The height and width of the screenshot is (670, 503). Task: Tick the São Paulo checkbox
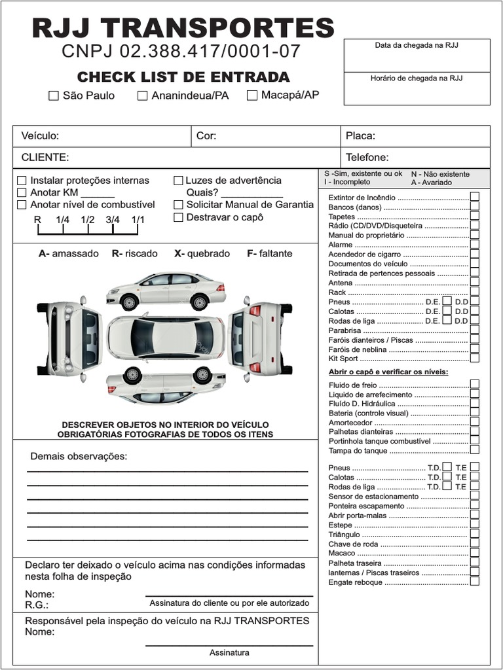54,96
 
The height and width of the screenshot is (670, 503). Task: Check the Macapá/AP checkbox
252,96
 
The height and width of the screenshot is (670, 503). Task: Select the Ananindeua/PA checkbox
143,96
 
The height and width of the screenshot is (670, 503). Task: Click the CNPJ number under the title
181,51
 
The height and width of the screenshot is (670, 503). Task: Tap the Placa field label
360,136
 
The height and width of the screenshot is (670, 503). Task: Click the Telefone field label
367,157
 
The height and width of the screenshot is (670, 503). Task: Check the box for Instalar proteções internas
22,181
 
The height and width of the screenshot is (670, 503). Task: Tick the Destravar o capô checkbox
178,217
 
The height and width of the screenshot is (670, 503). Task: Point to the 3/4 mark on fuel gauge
113,220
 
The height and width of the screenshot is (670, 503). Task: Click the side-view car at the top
166,291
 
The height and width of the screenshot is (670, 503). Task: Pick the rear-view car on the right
259,337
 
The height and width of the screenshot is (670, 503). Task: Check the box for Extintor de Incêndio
474,197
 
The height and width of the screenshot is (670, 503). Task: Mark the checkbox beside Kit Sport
474,358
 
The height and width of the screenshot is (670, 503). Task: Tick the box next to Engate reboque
474,581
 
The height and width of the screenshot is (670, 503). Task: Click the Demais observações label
79,456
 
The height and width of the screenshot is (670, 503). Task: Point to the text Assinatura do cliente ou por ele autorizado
229,603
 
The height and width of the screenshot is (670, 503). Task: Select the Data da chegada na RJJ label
416,45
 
